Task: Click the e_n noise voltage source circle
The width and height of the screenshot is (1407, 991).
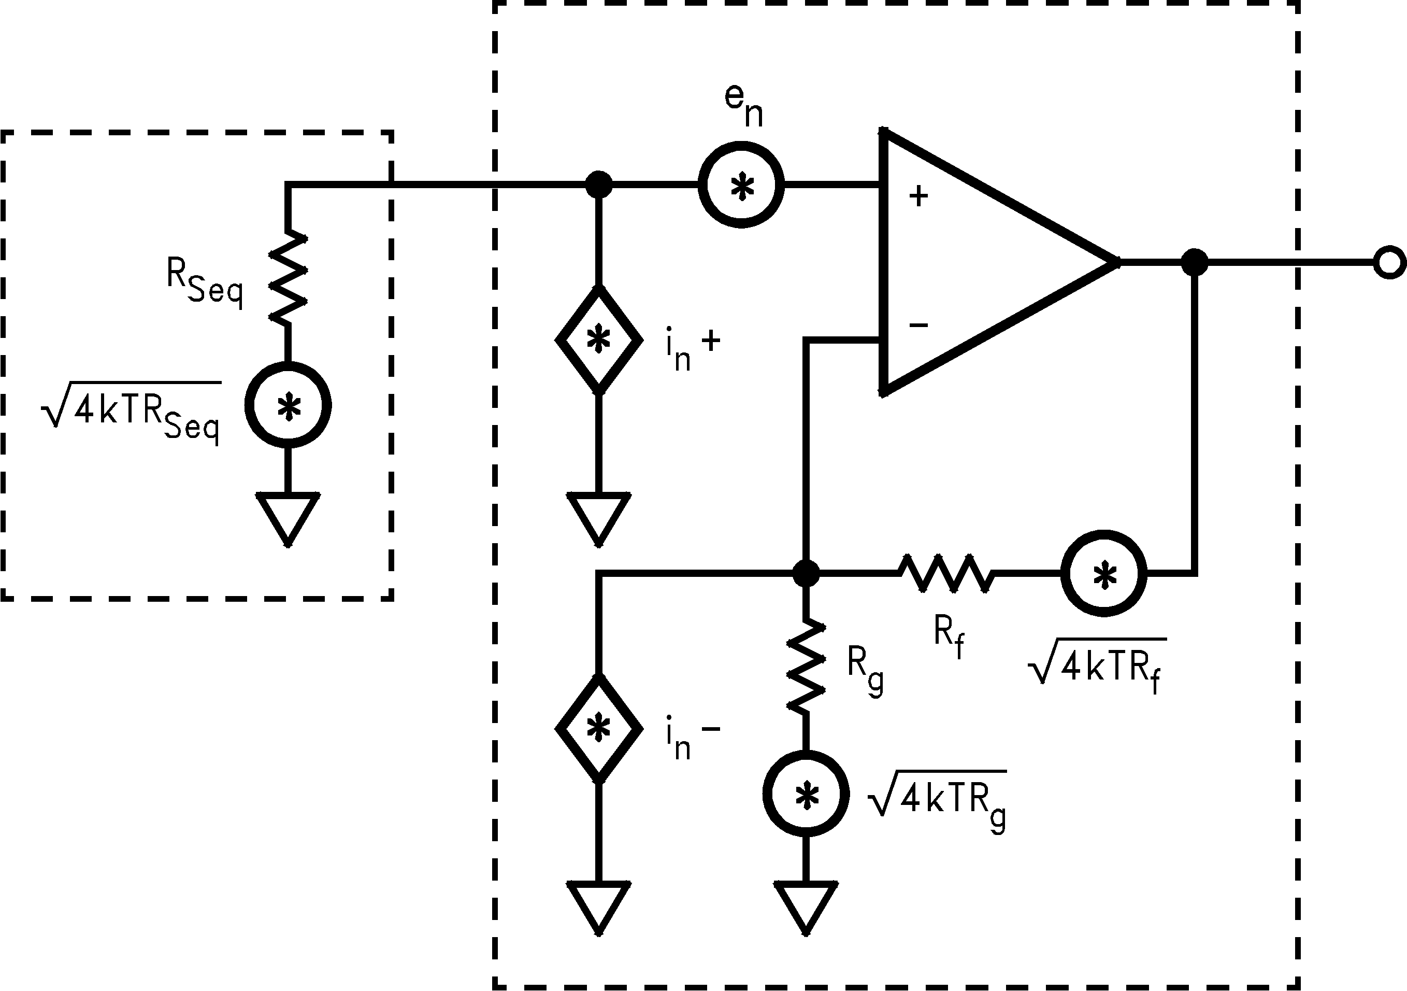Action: pos(741,185)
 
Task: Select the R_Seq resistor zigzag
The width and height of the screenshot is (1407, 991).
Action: pos(288,277)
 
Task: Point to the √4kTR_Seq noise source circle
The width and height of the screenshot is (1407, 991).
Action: pos(288,405)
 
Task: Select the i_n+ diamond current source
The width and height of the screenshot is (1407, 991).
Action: pos(599,339)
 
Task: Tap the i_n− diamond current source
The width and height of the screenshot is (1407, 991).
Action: pos(599,729)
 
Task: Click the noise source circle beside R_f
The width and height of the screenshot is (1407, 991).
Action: pos(1103,573)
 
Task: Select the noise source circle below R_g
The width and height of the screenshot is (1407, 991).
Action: pos(806,794)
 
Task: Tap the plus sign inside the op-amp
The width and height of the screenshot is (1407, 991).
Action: pos(918,196)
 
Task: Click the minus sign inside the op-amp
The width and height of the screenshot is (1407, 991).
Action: pos(918,324)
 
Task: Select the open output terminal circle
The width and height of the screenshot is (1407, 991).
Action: pos(1389,262)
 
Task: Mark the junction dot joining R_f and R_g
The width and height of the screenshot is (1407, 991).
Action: pos(806,573)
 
